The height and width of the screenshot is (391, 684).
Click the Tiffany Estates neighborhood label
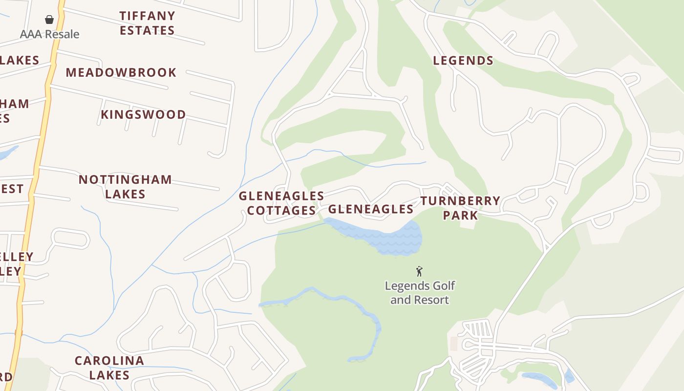click(x=147, y=23)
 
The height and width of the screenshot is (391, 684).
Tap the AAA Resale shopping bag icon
click(x=49, y=20)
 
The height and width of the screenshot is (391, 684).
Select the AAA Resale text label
click(x=49, y=34)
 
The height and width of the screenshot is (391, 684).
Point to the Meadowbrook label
click(x=121, y=72)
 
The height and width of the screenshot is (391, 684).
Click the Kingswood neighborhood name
click(x=143, y=114)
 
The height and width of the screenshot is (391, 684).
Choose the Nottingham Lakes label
click(x=125, y=187)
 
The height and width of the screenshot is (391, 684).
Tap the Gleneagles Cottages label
click(x=281, y=203)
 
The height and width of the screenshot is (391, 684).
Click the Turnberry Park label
click(x=460, y=208)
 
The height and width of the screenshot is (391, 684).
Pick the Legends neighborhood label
click(x=463, y=61)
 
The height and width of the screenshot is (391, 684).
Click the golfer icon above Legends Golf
click(x=419, y=271)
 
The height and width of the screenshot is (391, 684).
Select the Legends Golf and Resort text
click(x=419, y=293)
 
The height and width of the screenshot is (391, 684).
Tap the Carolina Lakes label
click(x=109, y=368)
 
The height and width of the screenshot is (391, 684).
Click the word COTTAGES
click(x=281, y=211)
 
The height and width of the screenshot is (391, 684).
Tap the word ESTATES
click(x=147, y=30)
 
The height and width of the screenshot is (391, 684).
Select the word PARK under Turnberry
click(x=460, y=215)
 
